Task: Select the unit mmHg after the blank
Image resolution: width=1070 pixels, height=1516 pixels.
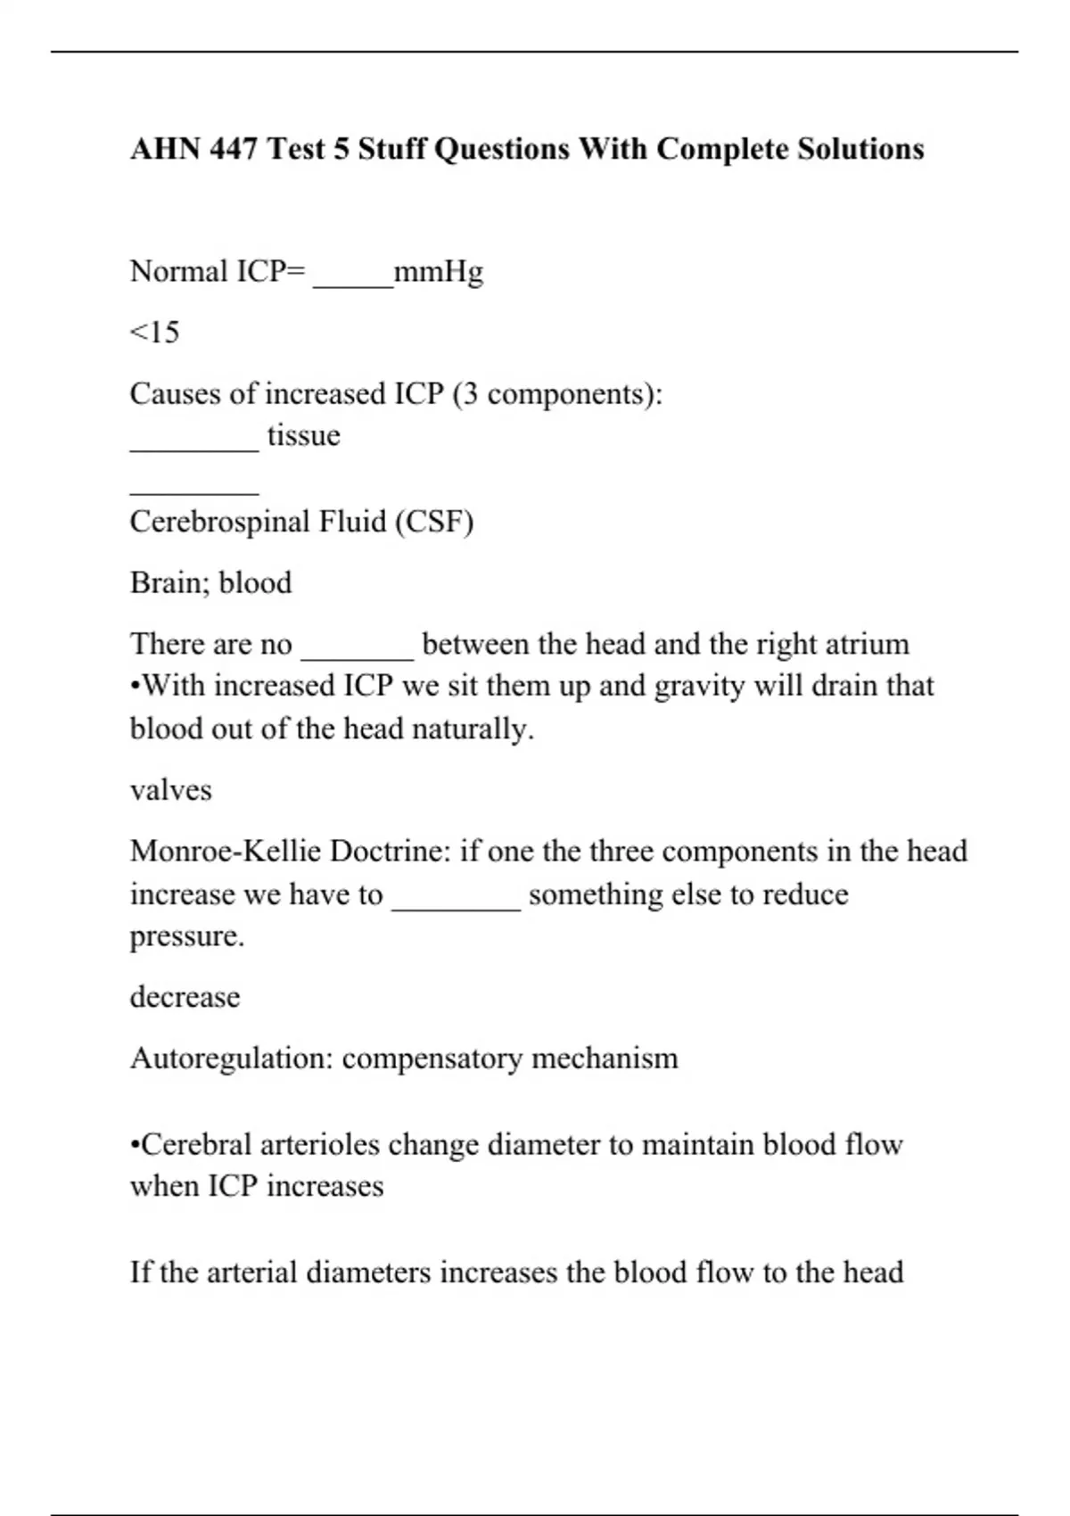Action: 439,271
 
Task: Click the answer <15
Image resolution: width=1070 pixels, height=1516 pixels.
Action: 154,333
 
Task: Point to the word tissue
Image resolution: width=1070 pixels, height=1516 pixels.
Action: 303,435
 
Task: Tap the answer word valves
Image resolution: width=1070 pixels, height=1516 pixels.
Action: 171,790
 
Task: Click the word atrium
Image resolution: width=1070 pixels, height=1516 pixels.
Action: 867,644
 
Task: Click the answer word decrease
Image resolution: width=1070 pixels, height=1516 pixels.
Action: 185,996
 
